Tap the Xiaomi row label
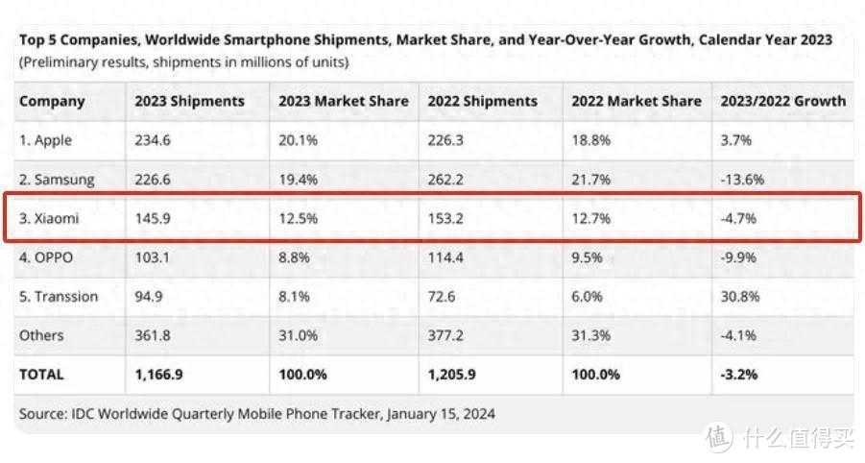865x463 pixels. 49,219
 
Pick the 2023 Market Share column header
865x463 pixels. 343,101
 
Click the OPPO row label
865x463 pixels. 46,257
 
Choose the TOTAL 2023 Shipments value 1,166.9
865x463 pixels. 159,375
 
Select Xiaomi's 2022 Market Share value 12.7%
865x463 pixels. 590,219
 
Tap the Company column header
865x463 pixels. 52,101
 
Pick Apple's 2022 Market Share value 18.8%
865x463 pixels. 590,140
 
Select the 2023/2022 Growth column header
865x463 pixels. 779,101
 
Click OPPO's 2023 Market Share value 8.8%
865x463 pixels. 294,257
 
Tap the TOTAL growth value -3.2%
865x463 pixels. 733,375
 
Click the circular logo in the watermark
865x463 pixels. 719,437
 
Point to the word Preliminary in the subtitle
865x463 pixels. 59,62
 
